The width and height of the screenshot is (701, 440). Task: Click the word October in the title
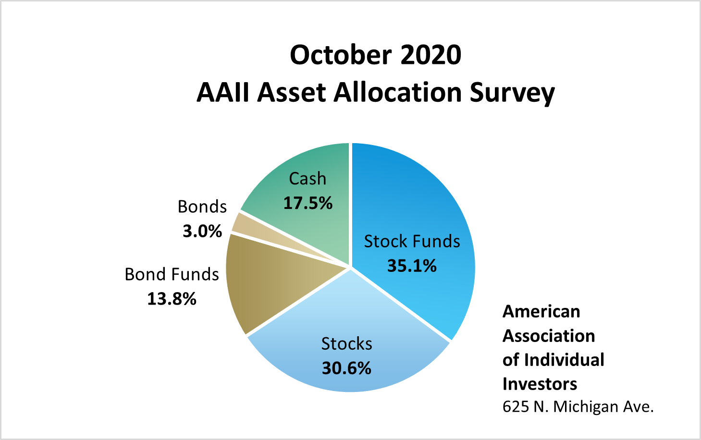[334, 55]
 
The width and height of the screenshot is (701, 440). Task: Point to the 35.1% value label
[412, 266]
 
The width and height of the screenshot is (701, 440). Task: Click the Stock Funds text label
[412, 241]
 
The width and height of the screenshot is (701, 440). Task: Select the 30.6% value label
[346, 368]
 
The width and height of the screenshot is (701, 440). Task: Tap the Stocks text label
[346, 344]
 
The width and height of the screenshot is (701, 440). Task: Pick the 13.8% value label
[172, 299]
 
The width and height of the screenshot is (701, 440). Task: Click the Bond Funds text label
[172, 274]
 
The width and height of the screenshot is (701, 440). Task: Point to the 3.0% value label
[202, 231]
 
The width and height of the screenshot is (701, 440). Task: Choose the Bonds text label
[202, 207]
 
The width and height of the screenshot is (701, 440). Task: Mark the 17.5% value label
[307, 203]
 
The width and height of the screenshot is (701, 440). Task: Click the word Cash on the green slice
[307, 179]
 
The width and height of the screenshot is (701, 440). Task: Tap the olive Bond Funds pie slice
[259, 283]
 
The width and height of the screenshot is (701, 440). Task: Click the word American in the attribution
[541, 312]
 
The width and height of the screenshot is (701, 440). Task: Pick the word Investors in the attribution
[540, 384]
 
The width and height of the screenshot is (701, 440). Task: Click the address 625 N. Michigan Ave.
[578, 407]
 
